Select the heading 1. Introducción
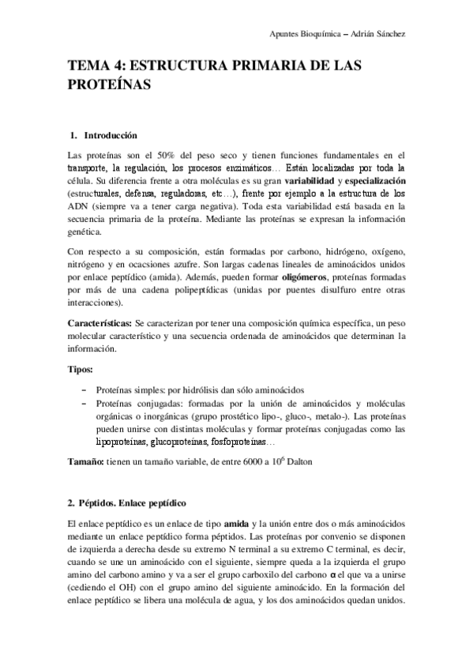click(x=103, y=135)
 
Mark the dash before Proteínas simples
click(x=84, y=390)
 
